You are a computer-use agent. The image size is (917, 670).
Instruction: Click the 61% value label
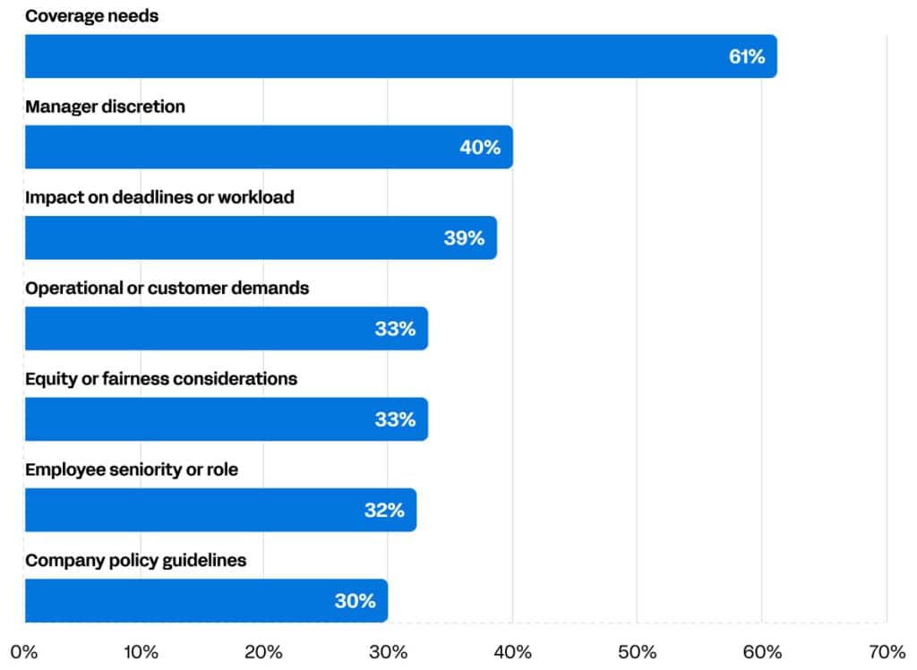tap(746, 57)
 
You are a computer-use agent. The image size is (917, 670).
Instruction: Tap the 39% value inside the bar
tap(464, 238)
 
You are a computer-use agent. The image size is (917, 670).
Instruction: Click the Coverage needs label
tap(91, 16)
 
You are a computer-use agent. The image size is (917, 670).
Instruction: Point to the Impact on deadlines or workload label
tap(159, 197)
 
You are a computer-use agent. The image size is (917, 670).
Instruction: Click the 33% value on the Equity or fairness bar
tap(395, 419)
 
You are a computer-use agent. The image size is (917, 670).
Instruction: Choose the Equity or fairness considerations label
tap(161, 379)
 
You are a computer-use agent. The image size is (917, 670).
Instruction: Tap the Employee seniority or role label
tap(132, 469)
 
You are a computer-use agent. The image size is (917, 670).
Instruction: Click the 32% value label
tap(383, 511)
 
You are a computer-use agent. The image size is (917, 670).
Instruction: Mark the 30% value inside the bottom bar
tap(355, 601)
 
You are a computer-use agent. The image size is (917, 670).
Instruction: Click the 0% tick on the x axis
tap(24, 651)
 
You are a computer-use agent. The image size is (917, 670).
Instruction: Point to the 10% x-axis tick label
tap(140, 651)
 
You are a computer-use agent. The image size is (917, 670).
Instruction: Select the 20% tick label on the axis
tap(264, 651)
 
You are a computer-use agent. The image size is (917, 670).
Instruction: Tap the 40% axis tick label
tap(512, 651)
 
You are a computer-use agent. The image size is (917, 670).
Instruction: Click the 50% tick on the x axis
tap(636, 651)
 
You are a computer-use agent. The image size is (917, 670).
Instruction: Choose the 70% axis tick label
tap(886, 651)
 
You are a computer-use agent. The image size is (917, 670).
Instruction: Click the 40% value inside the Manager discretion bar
tap(480, 148)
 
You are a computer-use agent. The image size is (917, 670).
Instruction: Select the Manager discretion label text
tap(105, 107)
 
